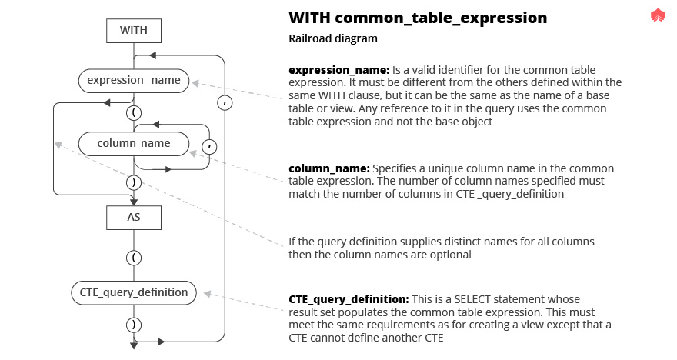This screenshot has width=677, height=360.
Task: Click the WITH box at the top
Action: (134, 31)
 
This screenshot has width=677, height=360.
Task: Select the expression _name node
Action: (134, 80)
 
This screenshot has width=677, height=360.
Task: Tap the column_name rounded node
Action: (134, 143)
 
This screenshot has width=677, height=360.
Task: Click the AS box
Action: (134, 218)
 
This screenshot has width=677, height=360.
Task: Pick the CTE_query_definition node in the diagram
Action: (134, 292)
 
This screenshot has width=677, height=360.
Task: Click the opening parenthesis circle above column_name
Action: (134, 112)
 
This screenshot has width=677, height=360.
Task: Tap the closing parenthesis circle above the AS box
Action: (134, 182)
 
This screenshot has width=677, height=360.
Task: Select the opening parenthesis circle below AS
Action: (134, 258)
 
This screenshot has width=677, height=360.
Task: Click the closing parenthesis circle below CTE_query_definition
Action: (134, 324)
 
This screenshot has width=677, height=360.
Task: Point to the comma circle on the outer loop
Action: (225, 102)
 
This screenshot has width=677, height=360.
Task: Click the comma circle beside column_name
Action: (208, 145)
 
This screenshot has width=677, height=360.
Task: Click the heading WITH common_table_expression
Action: (418, 18)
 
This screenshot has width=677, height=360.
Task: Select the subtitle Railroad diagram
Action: (332, 38)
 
